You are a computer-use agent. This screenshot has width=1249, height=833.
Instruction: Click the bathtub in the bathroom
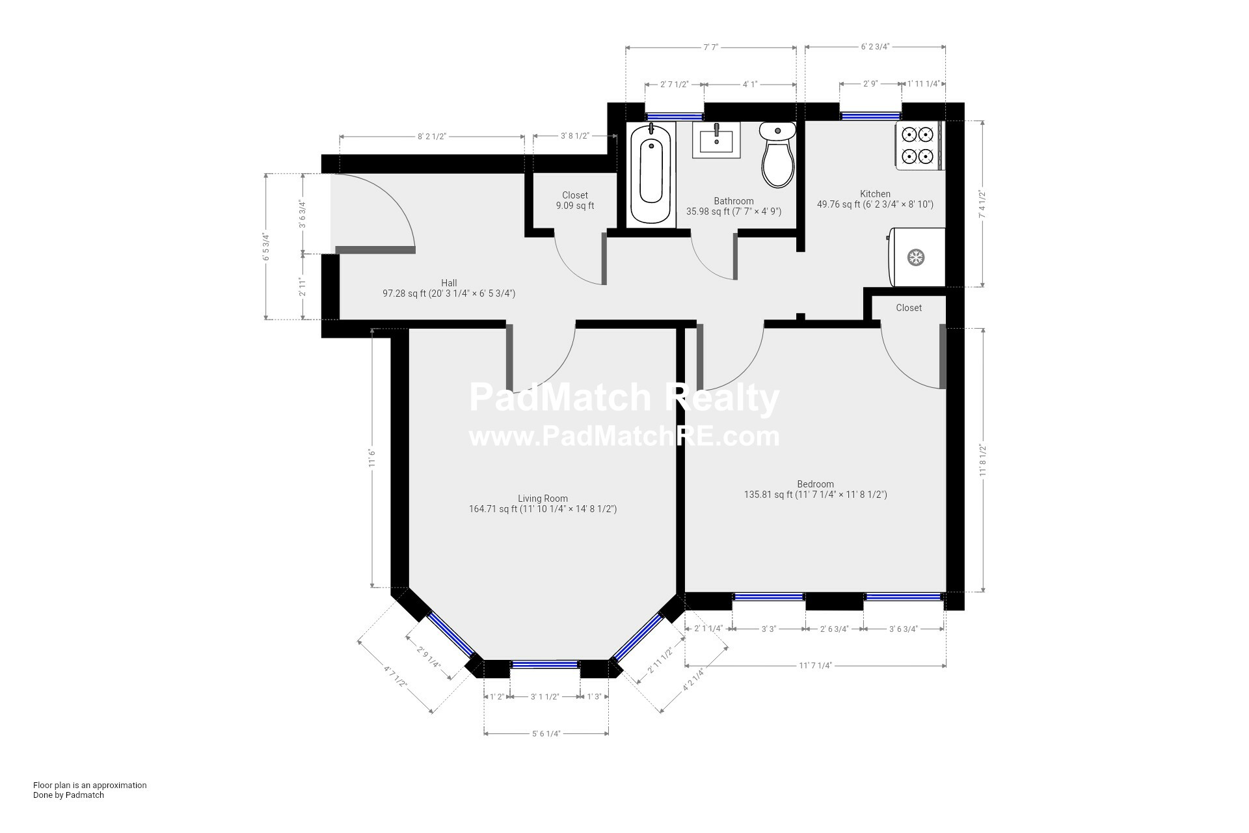coord(651,174)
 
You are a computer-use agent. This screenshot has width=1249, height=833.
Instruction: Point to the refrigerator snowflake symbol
coord(916,257)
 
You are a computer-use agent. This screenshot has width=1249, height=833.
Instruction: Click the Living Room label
coord(543,498)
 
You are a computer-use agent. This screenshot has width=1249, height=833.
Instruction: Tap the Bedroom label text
coord(815,484)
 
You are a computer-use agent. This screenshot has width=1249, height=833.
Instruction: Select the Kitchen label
coord(875,194)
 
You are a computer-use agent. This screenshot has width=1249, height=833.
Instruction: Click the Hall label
coord(449,283)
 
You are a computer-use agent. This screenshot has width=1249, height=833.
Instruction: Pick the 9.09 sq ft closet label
coord(574,200)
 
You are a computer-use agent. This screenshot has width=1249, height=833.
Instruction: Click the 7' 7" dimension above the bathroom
coord(710,47)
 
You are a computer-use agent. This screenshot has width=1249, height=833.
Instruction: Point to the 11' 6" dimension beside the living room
coord(372,457)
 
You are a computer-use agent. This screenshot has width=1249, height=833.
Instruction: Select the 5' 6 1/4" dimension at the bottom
coord(546,733)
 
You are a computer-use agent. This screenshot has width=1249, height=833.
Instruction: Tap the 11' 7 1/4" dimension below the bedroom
coord(815,665)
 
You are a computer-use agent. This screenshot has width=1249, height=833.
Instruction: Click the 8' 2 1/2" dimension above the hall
coord(432,136)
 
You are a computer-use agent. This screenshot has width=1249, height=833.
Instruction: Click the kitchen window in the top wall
coord(870,116)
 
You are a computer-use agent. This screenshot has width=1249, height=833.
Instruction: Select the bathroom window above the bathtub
coord(675,116)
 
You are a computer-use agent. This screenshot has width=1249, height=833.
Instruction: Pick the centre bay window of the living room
coord(544,664)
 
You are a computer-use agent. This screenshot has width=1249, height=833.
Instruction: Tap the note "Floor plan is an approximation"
coord(90,785)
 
